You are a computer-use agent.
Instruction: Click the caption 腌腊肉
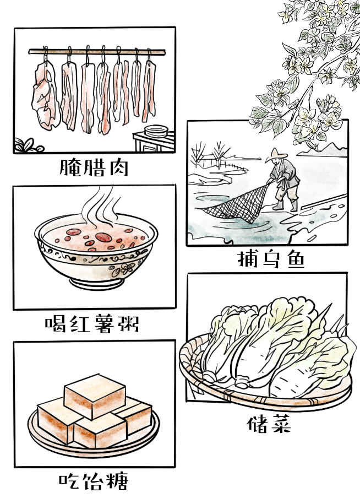pos(94,167)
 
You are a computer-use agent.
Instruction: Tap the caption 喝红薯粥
pos(92,323)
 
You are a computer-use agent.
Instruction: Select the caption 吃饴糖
pos(94,481)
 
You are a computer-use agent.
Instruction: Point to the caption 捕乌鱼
pos(271,259)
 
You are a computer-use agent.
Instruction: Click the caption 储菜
pos(269,424)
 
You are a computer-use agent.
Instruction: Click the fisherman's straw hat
pos(276,155)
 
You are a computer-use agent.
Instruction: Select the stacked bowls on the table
pos(156,131)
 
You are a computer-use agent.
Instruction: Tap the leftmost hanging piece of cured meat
pos(46,95)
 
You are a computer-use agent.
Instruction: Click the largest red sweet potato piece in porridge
pos(103,237)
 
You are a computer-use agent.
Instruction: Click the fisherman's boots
pos(286,205)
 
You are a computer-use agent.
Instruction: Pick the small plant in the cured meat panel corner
pos(28,145)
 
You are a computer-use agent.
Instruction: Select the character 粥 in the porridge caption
pos(129,323)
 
